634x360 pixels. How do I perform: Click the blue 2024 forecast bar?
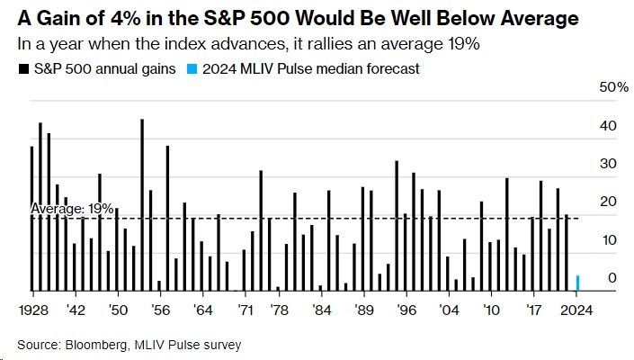pos(577,283)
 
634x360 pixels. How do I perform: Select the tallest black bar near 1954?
pos(142,205)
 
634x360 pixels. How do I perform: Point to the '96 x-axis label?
pos(407,309)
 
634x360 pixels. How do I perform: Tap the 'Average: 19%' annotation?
pos(72,208)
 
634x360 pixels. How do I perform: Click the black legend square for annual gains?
pos(21,68)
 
